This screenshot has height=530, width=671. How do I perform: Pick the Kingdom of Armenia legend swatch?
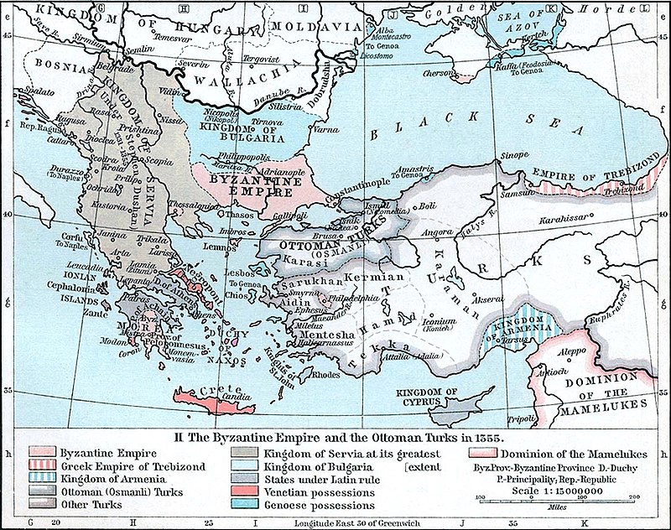[40, 479]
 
